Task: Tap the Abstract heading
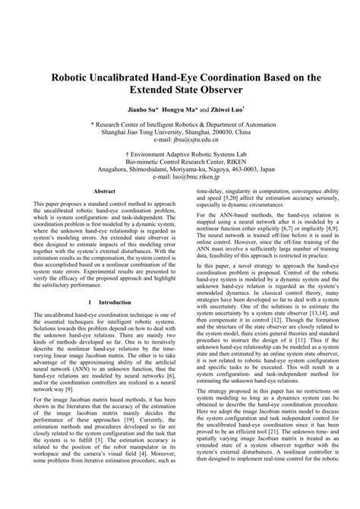point(103,191)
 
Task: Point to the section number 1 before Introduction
point(78,323)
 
